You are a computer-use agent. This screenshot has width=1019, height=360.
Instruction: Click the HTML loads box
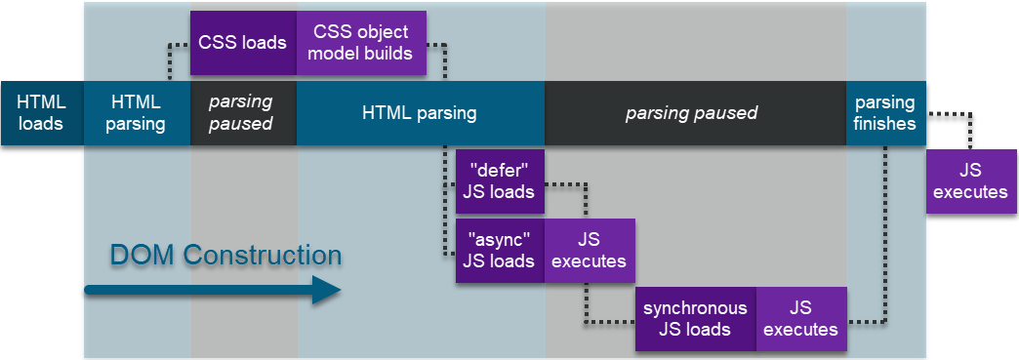click(41, 113)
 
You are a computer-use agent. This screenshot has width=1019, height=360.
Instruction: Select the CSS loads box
click(242, 43)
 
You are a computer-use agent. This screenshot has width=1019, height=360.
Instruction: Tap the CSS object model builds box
click(360, 43)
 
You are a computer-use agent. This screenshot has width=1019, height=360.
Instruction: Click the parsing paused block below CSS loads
click(242, 113)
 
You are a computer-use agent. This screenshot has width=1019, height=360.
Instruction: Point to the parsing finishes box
click(884, 113)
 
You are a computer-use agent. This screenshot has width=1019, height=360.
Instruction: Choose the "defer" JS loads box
click(500, 181)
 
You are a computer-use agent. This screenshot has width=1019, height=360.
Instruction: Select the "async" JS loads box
click(500, 251)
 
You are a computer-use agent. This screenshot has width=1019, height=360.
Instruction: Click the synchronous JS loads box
click(695, 319)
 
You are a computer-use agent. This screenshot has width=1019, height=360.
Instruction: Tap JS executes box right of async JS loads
click(589, 251)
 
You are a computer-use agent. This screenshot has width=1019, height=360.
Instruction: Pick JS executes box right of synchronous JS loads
click(800, 319)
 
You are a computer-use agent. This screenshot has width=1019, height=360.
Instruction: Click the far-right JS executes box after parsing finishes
click(970, 181)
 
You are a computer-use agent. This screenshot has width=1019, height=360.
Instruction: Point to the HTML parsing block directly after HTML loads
click(138, 113)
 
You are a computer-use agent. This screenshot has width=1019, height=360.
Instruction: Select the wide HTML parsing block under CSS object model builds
click(420, 113)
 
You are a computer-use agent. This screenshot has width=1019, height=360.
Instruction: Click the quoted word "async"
click(500, 240)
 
